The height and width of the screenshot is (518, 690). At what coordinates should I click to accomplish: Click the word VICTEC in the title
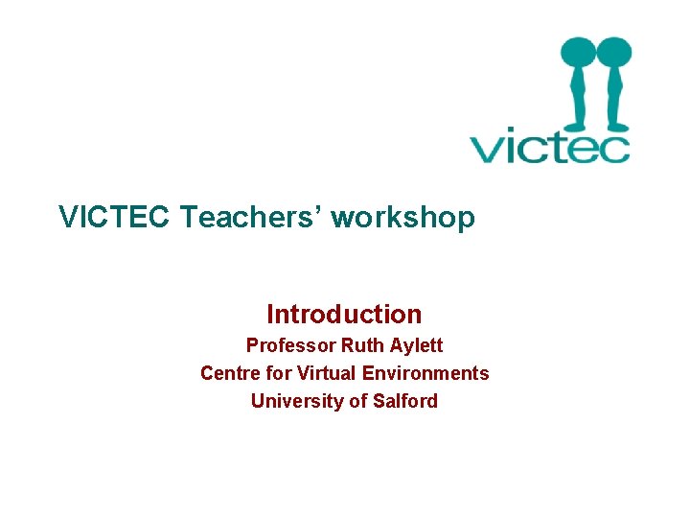115,218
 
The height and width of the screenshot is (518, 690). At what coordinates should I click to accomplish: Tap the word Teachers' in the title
251,218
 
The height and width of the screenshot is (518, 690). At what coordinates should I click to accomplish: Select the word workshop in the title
402,218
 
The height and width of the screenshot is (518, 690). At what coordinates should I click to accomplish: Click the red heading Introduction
344,314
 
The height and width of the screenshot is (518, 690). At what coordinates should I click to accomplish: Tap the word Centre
230,373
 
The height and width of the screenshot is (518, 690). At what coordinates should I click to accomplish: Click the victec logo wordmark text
549,149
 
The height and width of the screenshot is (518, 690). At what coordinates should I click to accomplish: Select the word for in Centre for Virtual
279,373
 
